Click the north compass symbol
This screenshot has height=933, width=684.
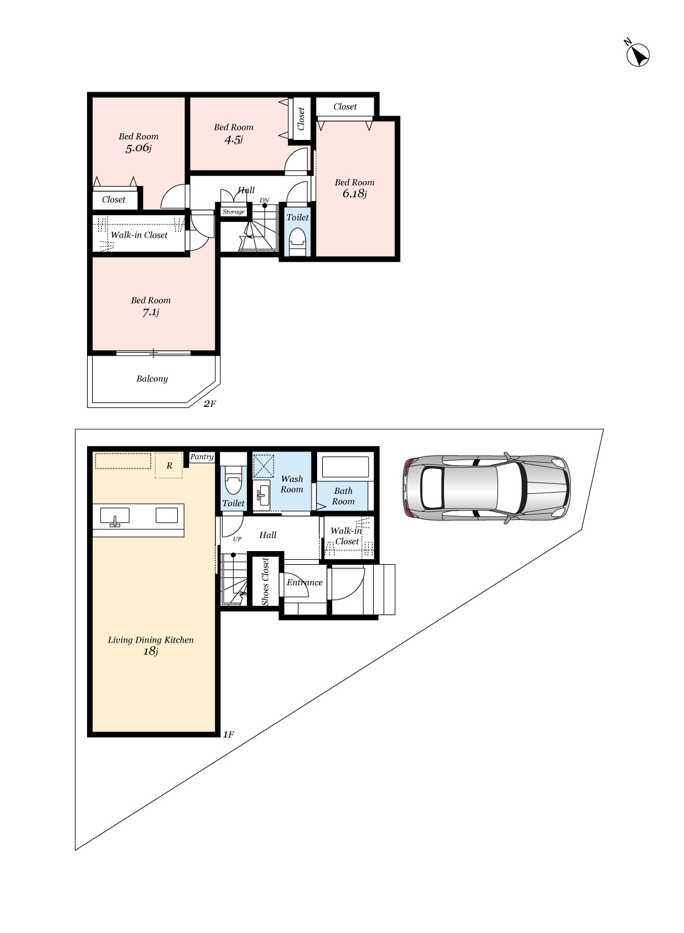tap(637, 55)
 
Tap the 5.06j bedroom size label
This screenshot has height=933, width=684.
tap(139, 148)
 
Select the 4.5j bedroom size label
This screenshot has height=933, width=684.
tap(234, 139)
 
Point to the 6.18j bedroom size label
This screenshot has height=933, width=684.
tap(354, 193)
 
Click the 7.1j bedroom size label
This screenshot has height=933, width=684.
tap(150, 312)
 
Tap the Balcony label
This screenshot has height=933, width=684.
tap(152, 379)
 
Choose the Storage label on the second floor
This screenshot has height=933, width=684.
tap(234, 211)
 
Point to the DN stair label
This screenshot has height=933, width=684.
tap(264, 200)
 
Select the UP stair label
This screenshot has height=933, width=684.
tap(237, 539)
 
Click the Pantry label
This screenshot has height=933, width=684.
tap(202, 457)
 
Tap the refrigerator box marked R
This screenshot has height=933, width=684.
tap(169, 465)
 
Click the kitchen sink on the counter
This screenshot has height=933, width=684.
tap(114, 516)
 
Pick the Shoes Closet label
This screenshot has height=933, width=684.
tap(265, 582)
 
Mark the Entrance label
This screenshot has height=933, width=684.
tap(304, 582)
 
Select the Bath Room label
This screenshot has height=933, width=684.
tap(343, 496)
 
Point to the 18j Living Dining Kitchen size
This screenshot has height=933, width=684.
tap(150, 651)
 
